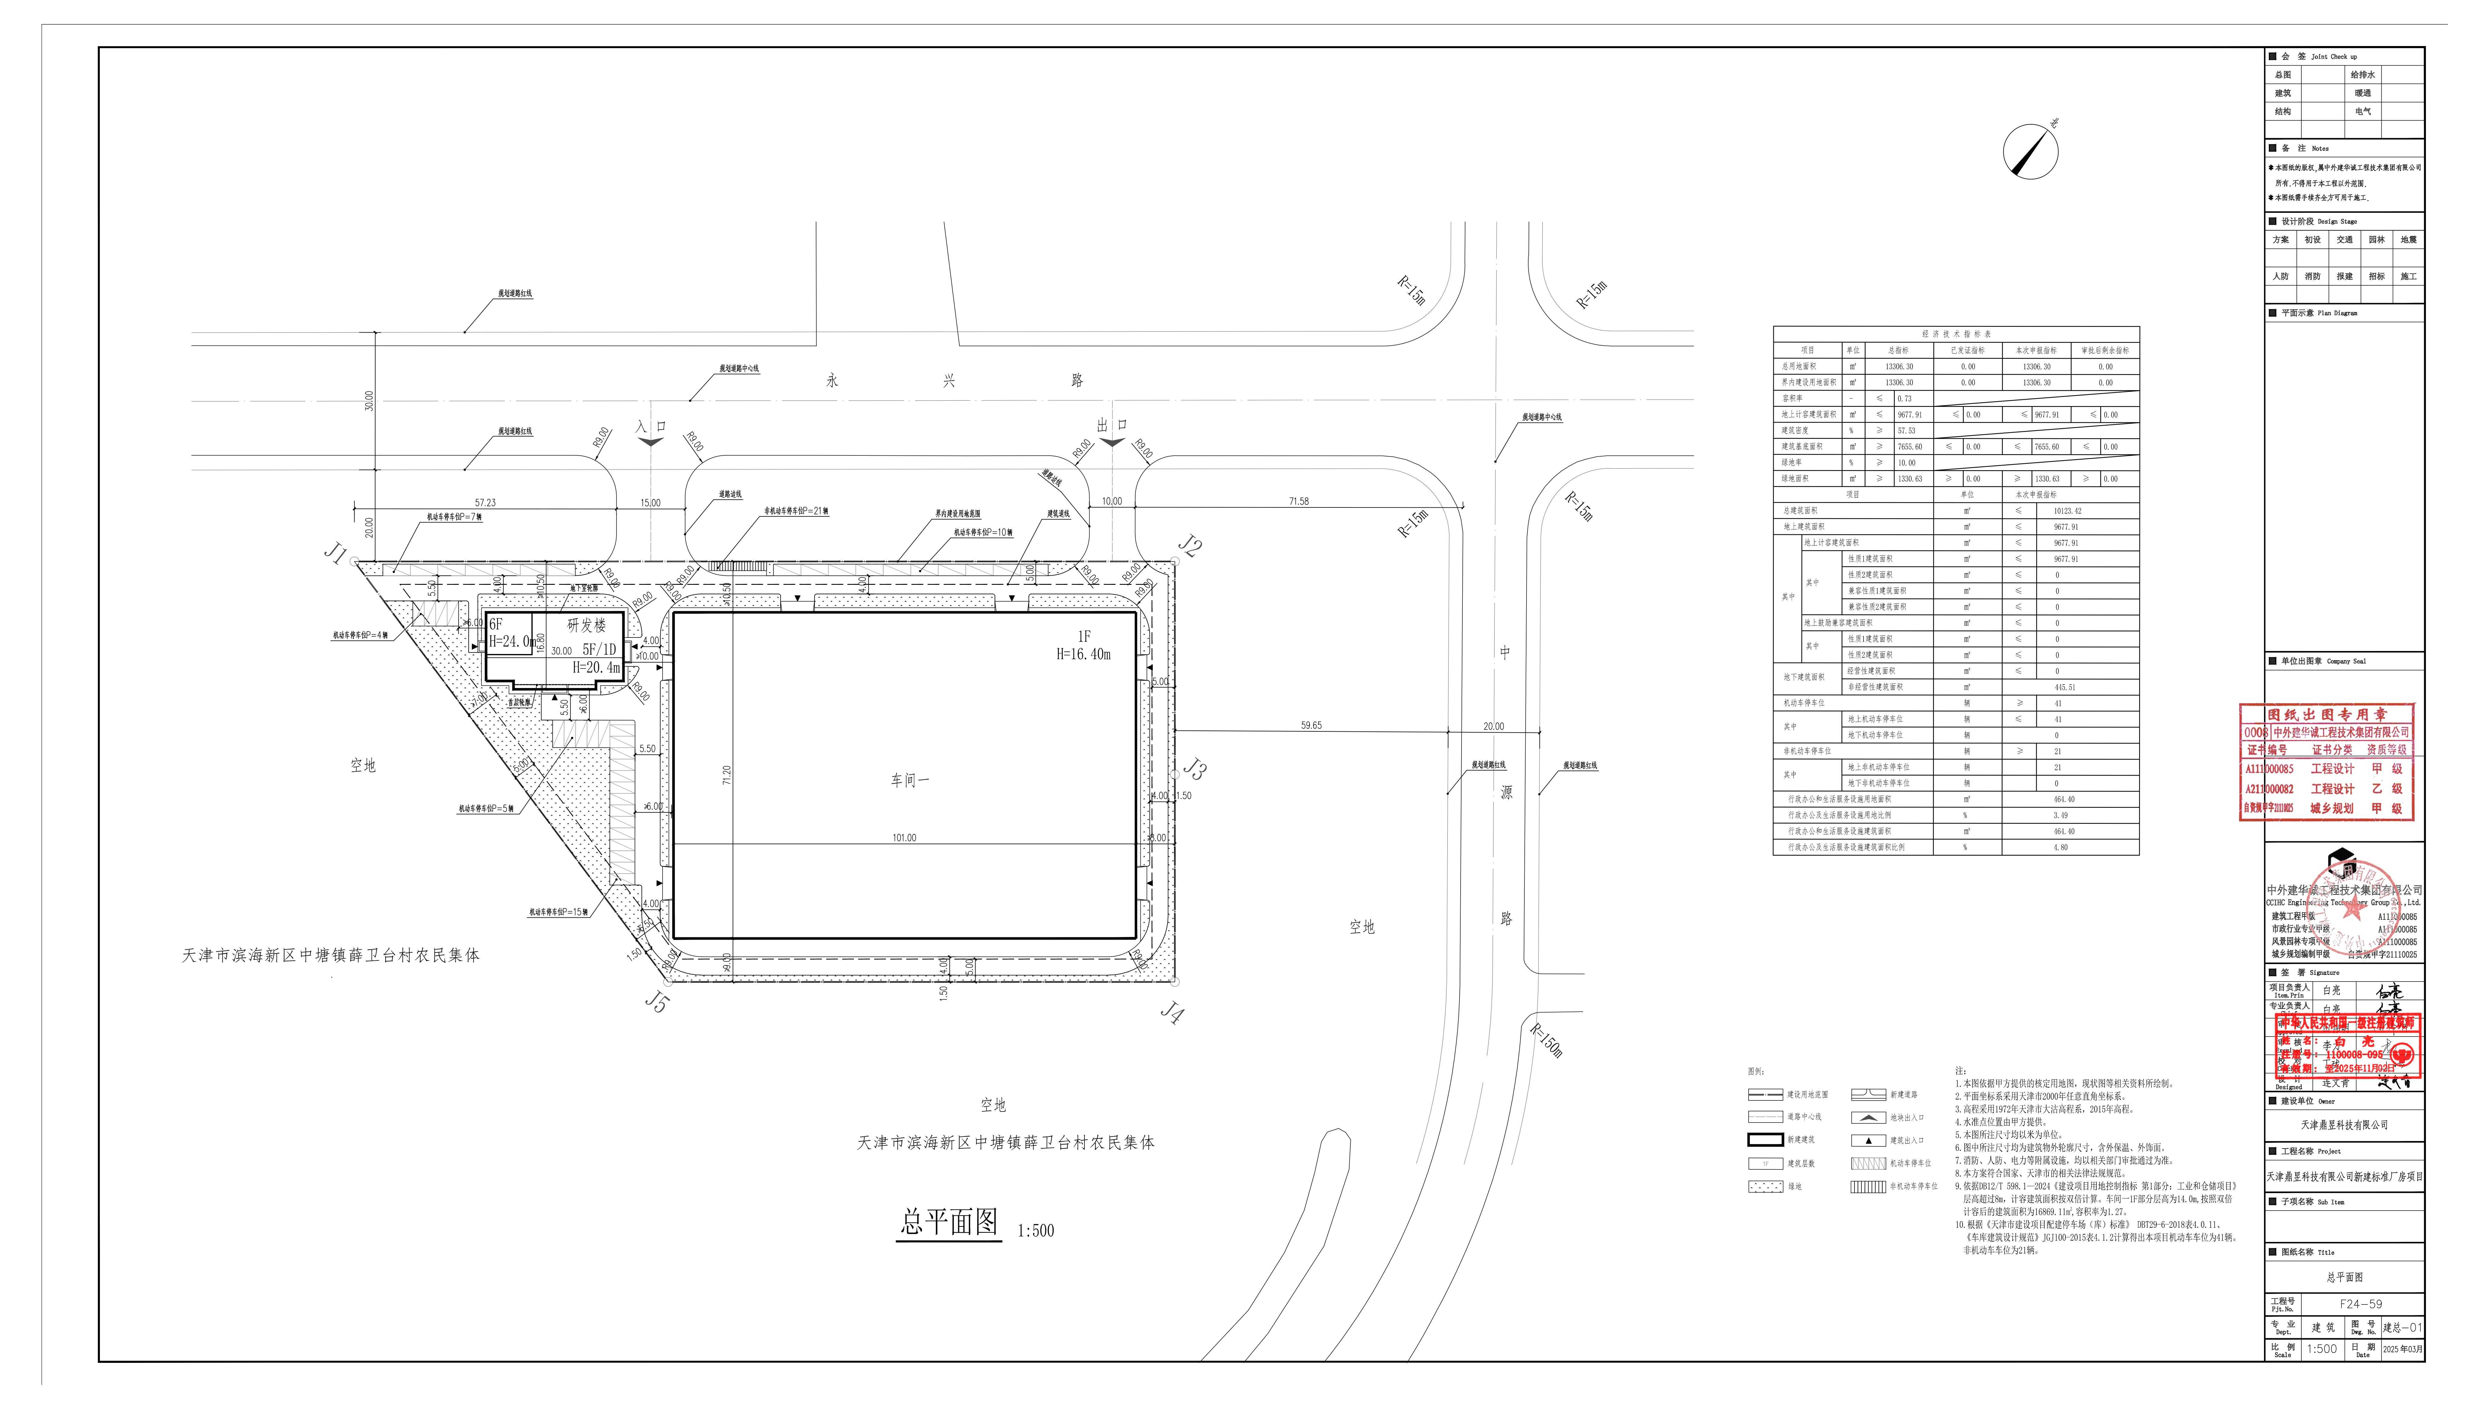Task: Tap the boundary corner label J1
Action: point(334,553)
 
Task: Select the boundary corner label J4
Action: point(1171,1013)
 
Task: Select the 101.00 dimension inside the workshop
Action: point(904,837)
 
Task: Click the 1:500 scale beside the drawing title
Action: point(1035,1231)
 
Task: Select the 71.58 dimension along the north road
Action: point(1298,501)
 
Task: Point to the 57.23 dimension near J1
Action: point(485,503)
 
